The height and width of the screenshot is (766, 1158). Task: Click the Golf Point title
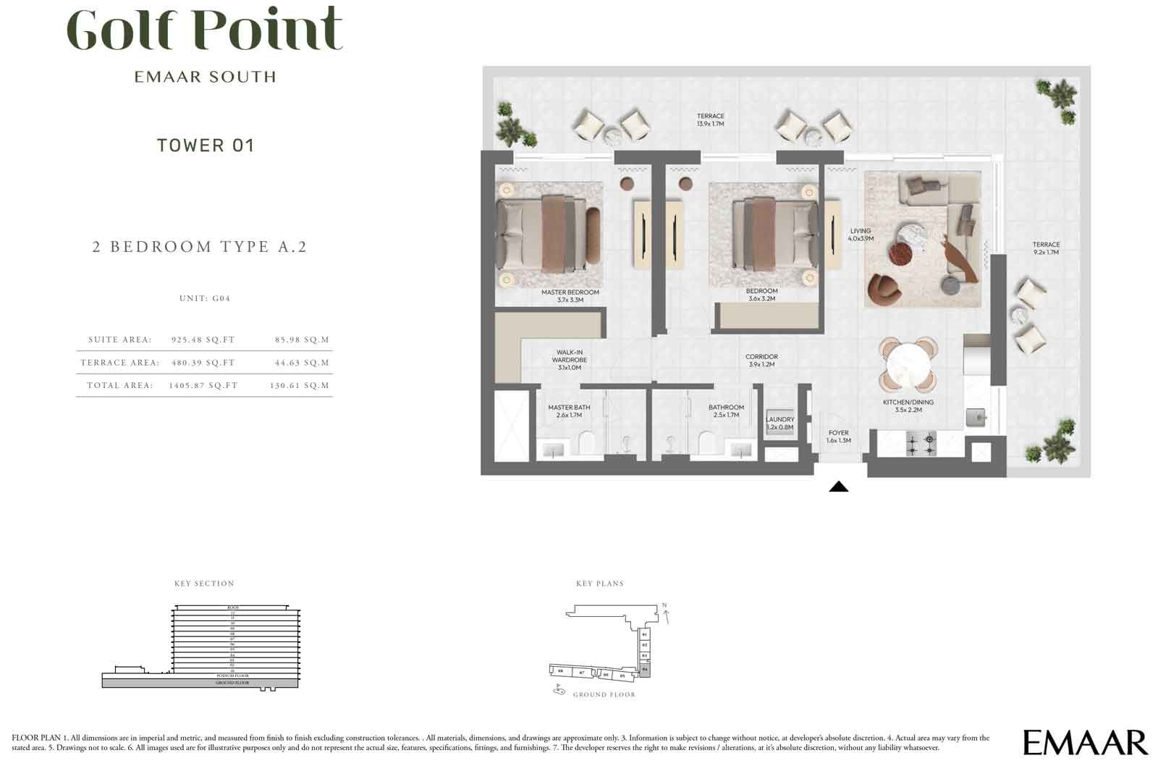(205, 30)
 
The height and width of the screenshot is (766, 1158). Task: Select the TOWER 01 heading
(206, 146)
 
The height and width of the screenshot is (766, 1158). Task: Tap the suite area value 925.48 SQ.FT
(203, 340)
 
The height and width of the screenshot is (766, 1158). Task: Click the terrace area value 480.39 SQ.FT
(203, 363)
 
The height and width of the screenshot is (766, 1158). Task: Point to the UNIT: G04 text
(204, 298)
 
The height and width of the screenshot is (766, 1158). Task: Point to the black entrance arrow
(838, 487)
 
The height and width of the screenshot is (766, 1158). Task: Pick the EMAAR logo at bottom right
(1085, 742)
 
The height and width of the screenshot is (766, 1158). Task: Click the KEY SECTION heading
(204, 584)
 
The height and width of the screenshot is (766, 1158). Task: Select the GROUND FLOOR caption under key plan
(604, 695)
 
